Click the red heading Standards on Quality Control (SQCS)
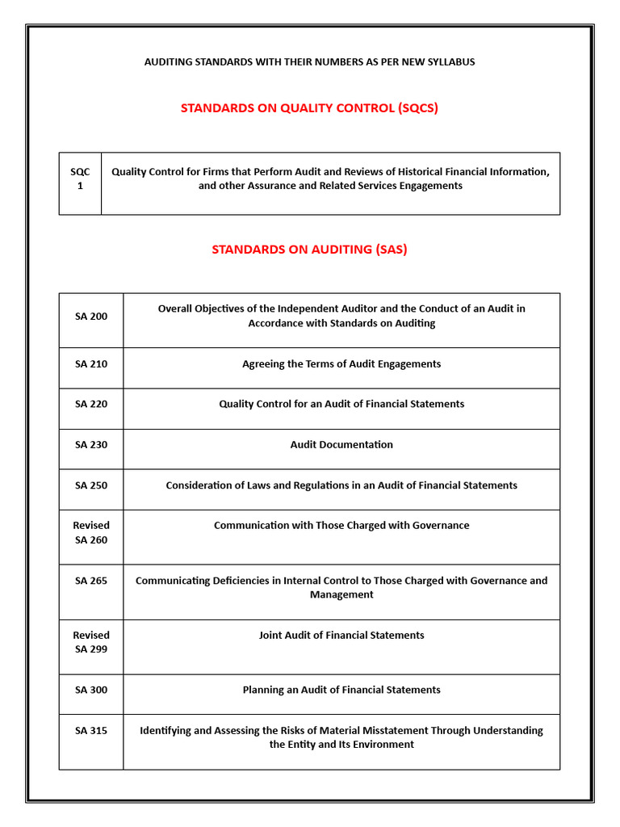[x=309, y=108]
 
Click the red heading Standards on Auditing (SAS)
[x=309, y=250]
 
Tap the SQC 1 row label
[x=80, y=178]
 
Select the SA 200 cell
[x=91, y=317]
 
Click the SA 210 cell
[x=91, y=364]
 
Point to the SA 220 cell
[x=91, y=405]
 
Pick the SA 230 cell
[x=91, y=445]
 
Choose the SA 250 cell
[x=91, y=485]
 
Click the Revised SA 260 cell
[x=91, y=533]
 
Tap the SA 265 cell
[x=91, y=581]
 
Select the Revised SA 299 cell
[x=91, y=642]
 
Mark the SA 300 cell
[x=91, y=691]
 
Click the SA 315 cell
[x=91, y=731]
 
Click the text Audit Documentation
[x=341, y=445]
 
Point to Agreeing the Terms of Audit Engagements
[x=341, y=364]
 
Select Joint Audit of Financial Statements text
[x=341, y=636]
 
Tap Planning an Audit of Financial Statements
[x=341, y=691]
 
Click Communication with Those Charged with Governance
[x=341, y=526]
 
